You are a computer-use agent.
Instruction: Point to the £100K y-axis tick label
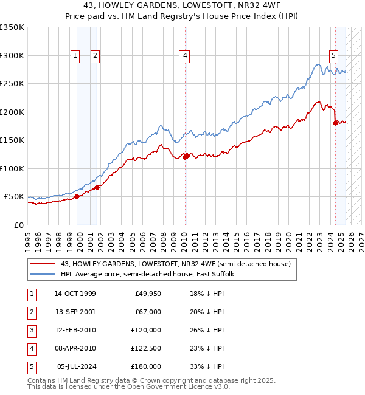tap(12, 168)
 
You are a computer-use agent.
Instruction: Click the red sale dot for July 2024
tap(335, 123)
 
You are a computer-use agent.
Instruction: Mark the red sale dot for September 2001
tap(97, 187)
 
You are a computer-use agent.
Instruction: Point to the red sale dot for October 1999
tap(77, 196)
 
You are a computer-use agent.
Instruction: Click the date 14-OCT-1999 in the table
tap(75, 294)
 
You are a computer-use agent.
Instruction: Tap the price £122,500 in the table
tap(147, 348)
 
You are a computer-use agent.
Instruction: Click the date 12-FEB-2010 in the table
tap(75, 330)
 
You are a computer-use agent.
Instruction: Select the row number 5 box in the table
tap(30, 366)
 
